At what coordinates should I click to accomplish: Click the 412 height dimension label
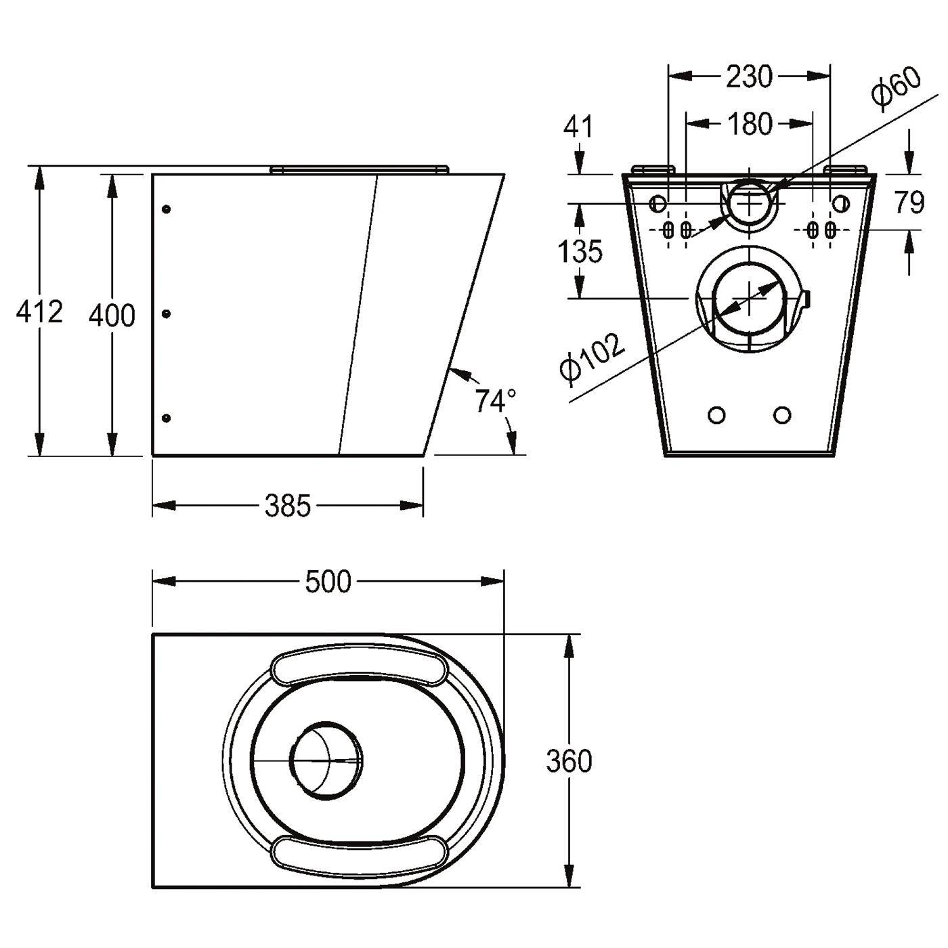[x=39, y=312]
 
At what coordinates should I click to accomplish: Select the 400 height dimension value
[x=112, y=316]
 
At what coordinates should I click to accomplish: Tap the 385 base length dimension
[x=288, y=505]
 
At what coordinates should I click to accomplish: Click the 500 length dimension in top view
[x=328, y=582]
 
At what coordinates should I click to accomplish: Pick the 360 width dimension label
[x=569, y=762]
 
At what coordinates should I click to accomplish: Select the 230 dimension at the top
[x=749, y=77]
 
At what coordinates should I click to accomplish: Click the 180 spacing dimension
[x=749, y=124]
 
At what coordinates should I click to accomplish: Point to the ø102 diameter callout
[x=592, y=357]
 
